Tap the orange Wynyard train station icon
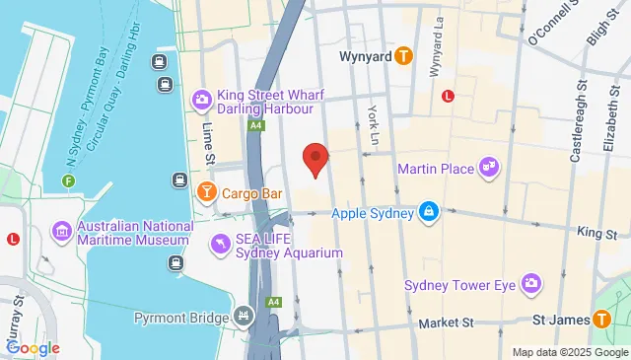[x=403, y=57]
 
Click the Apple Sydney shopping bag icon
[x=429, y=211]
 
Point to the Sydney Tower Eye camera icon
[x=531, y=284]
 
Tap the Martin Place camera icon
[x=488, y=169]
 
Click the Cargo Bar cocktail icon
[x=207, y=192]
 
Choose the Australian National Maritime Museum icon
[x=62, y=231]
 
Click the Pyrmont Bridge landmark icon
[x=244, y=317]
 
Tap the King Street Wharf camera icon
[x=201, y=99]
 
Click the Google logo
[x=33, y=347]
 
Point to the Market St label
[x=446, y=323]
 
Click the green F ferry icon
[x=68, y=180]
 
